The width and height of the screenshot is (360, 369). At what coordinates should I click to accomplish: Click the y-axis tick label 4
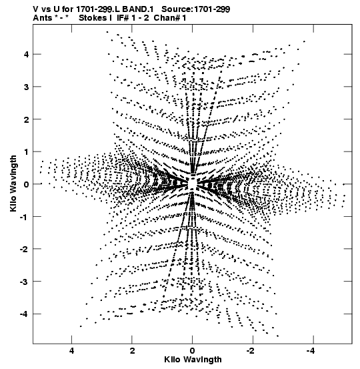coord(26,54)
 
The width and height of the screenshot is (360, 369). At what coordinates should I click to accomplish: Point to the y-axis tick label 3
coord(26,87)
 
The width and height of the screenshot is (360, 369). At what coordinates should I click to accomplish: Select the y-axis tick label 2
coord(26,119)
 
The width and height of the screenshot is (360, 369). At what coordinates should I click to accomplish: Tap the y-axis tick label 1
coord(26,151)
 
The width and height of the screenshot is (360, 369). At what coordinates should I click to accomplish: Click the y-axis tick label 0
coord(26,184)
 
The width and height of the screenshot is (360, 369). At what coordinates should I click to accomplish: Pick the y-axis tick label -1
coord(24,217)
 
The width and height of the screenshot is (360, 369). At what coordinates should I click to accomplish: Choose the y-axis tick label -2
coord(24,249)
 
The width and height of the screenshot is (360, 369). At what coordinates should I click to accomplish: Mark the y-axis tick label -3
coord(24,282)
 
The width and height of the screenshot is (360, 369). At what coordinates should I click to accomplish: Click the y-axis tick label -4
coord(24,314)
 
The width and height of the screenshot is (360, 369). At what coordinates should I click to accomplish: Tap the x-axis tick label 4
coord(71,351)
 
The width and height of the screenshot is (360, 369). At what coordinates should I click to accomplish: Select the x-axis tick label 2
coord(132,351)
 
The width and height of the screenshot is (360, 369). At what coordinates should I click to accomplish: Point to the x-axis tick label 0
coord(193,351)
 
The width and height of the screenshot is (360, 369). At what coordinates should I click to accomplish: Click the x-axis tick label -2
coord(251,351)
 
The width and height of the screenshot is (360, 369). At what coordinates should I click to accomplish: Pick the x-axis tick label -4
coord(311,351)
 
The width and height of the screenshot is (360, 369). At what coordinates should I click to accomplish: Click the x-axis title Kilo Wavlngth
coord(193,360)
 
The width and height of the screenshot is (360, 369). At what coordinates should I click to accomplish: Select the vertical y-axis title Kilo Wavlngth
coord(13,183)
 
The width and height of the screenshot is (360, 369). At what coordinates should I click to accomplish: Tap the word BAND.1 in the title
coord(138,9)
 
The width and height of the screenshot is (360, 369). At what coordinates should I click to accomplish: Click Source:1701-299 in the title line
coord(196,9)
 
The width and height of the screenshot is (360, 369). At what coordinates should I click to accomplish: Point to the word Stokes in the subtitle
coord(93,18)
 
